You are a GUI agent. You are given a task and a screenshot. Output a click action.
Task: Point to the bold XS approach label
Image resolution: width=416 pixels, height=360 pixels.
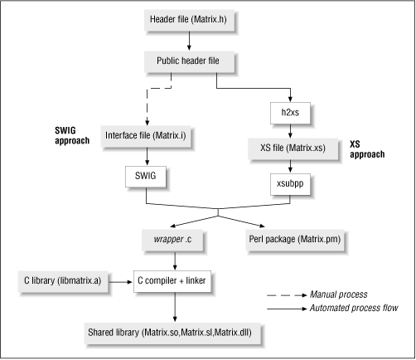click(x=364, y=148)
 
